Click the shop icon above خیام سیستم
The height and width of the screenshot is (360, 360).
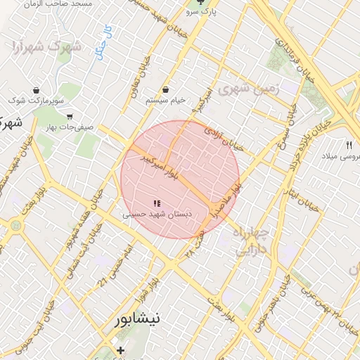(x=166, y=90)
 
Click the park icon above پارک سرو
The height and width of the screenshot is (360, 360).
(x=209, y=3)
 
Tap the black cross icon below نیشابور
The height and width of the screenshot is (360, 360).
(x=120, y=349)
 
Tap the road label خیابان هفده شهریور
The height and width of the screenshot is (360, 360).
(x=90, y=203)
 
